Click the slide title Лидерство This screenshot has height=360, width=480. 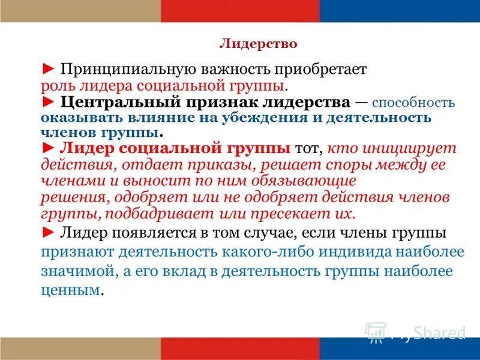259,44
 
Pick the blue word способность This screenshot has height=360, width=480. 413,102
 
